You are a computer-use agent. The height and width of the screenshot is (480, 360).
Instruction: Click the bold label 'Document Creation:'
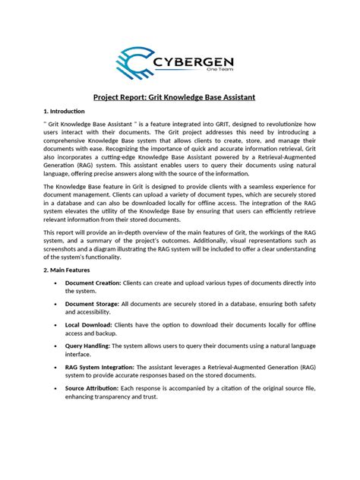pos(93,283)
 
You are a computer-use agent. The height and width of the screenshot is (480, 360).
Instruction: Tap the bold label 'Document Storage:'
pos(92,304)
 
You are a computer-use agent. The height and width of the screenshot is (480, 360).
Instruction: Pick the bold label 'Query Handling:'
pos(87,346)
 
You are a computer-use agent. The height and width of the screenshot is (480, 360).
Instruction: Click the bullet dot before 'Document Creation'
pos(56,283)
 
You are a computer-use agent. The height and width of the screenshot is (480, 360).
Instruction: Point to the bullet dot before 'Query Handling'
pos(56,346)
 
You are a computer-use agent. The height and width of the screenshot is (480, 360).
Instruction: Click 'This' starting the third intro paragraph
pos(50,232)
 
